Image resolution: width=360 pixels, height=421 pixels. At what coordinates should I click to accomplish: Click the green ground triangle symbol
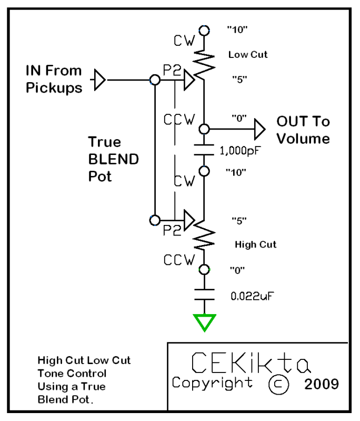(x=203, y=321)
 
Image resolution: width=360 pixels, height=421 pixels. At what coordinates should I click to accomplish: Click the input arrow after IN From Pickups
(x=99, y=81)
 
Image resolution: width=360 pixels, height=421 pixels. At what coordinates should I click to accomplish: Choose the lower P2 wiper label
(x=170, y=230)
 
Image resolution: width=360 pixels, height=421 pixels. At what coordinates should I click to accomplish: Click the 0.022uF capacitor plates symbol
(x=203, y=294)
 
